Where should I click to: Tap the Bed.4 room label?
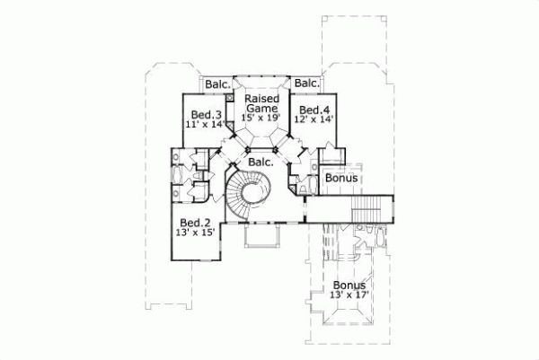click(x=310, y=108)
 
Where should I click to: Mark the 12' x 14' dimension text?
click(x=310, y=119)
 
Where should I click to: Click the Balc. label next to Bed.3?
click(x=216, y=84)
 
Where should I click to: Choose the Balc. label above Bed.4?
click(x=306, y=84)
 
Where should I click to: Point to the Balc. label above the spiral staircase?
click(x=261, y=162)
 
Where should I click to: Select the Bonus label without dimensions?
click(x=341, y=178)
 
